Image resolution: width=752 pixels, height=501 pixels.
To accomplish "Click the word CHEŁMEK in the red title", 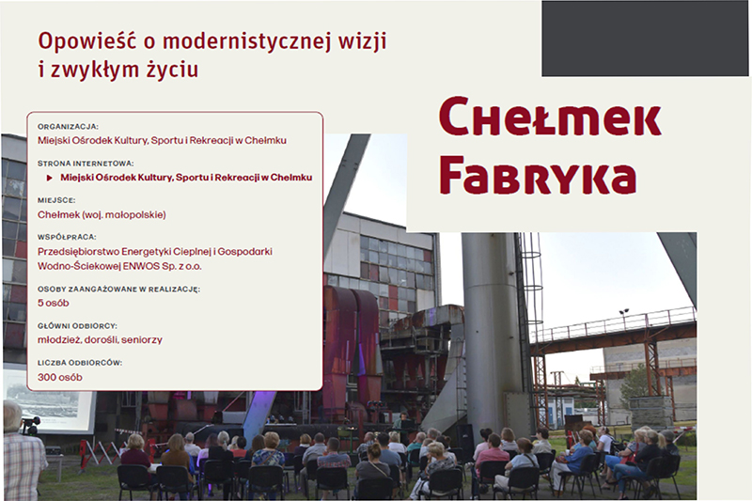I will (549, 119).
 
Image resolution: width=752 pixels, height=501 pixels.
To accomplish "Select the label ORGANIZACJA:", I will (68, 126).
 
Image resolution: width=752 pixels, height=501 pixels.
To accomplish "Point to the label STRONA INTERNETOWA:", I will (86, 162).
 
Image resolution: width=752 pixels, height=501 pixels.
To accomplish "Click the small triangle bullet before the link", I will (50, 177).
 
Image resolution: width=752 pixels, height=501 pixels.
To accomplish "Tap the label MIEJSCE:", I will (57, 199).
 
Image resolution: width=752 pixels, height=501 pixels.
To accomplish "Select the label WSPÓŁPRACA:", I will (67, 237).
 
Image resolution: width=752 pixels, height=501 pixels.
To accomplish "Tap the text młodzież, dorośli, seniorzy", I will (100, 339).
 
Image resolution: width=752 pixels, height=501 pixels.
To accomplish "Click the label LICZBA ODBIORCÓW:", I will (80, 362).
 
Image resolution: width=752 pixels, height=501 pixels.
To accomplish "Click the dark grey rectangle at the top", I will (646, 38).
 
